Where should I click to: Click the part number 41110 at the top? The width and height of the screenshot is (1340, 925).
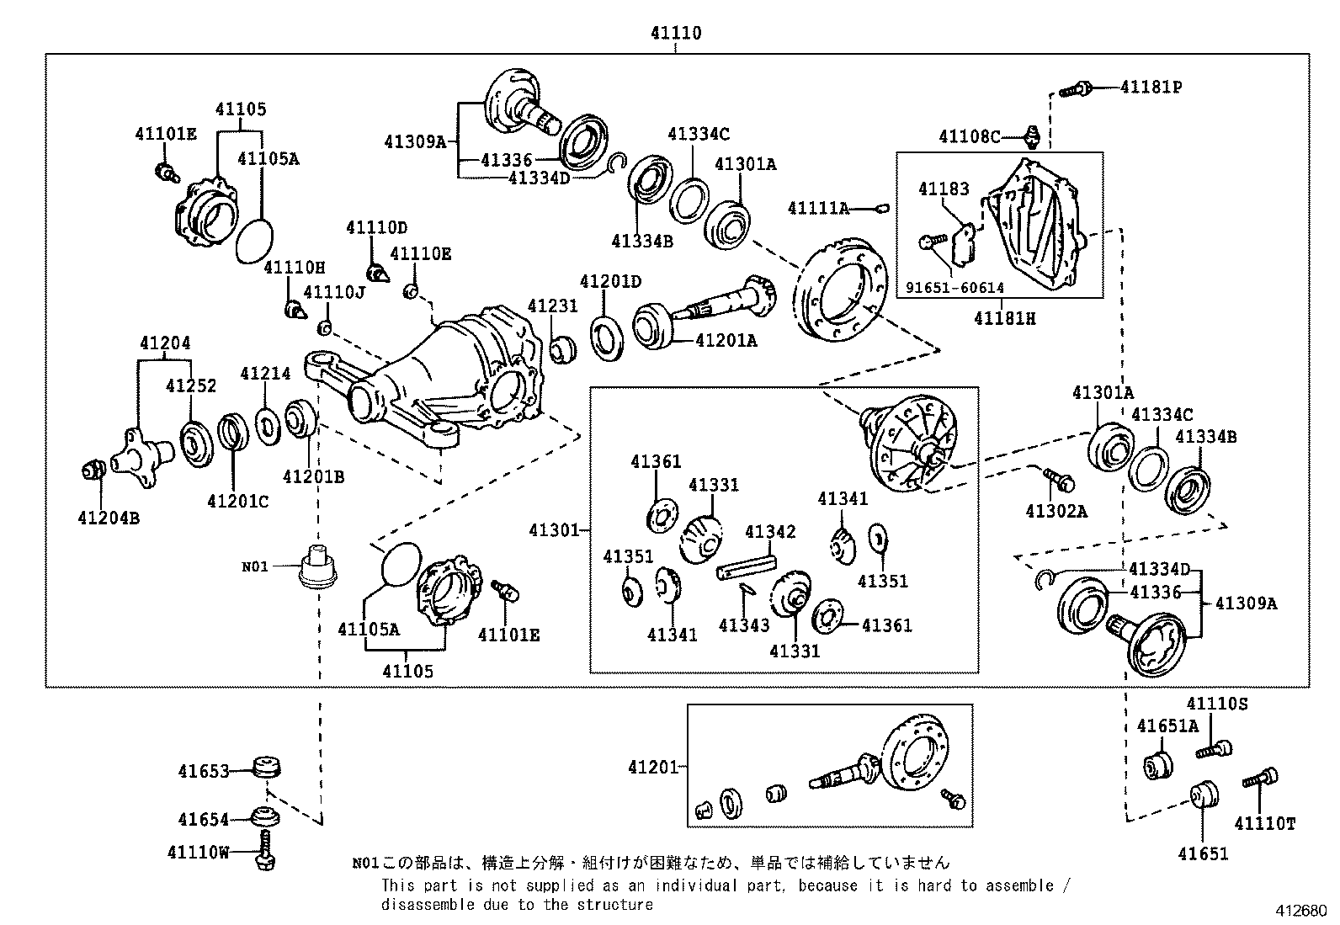pos(675,34)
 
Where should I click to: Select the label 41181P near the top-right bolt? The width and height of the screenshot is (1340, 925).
pos(1150,87)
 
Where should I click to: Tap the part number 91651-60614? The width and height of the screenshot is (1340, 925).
pos(954,288)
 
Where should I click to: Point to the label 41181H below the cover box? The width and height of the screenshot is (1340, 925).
pos(1005,319)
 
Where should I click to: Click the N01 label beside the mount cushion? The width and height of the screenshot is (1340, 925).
pos(255,566)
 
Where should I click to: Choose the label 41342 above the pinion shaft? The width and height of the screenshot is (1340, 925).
pos(769,532)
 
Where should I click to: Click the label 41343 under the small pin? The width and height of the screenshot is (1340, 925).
pos(744,625)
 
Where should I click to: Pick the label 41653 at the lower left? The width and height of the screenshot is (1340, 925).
pos(203,770)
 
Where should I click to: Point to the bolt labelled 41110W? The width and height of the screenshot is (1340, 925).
pos(265,850)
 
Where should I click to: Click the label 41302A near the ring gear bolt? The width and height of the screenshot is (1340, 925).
pos(1056,511)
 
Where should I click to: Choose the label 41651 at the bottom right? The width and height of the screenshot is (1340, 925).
pos(1203,853)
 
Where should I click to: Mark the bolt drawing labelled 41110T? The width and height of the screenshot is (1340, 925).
pos(1260,779)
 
